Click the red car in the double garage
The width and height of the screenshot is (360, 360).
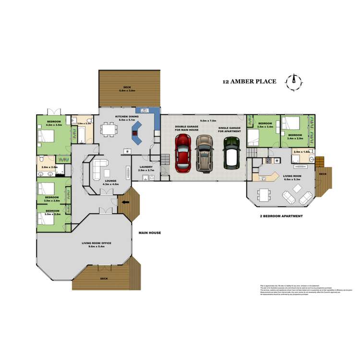[183, 153]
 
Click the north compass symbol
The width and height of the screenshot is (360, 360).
[293, 82]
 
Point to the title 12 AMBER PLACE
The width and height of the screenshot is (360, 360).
[249, 82]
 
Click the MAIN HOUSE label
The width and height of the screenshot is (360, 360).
[149, 233]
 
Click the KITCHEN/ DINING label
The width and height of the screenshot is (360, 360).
[127, 117]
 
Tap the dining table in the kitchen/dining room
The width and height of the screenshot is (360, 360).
[109, 130]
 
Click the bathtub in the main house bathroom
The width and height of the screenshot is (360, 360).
[81, 133]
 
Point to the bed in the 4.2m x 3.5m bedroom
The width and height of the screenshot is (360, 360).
[48, 136]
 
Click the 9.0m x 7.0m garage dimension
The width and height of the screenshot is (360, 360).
[209, 121]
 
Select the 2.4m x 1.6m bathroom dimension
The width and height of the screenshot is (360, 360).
[302, 152]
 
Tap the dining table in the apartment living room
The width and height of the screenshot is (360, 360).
[264, 194]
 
